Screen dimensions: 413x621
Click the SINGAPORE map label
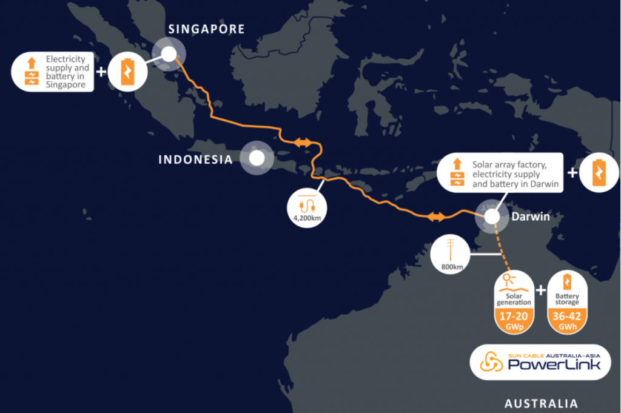coord(206,29)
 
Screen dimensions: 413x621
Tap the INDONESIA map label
coord(195,160)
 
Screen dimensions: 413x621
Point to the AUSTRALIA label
coord(541,403)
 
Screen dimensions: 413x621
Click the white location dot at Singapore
coord(168,54)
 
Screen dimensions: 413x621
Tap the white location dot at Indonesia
coord(257,159)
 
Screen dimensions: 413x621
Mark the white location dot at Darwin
coord(492,217)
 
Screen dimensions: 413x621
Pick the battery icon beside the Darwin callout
coord(597,173)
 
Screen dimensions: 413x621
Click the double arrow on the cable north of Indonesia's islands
coord(303,142)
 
